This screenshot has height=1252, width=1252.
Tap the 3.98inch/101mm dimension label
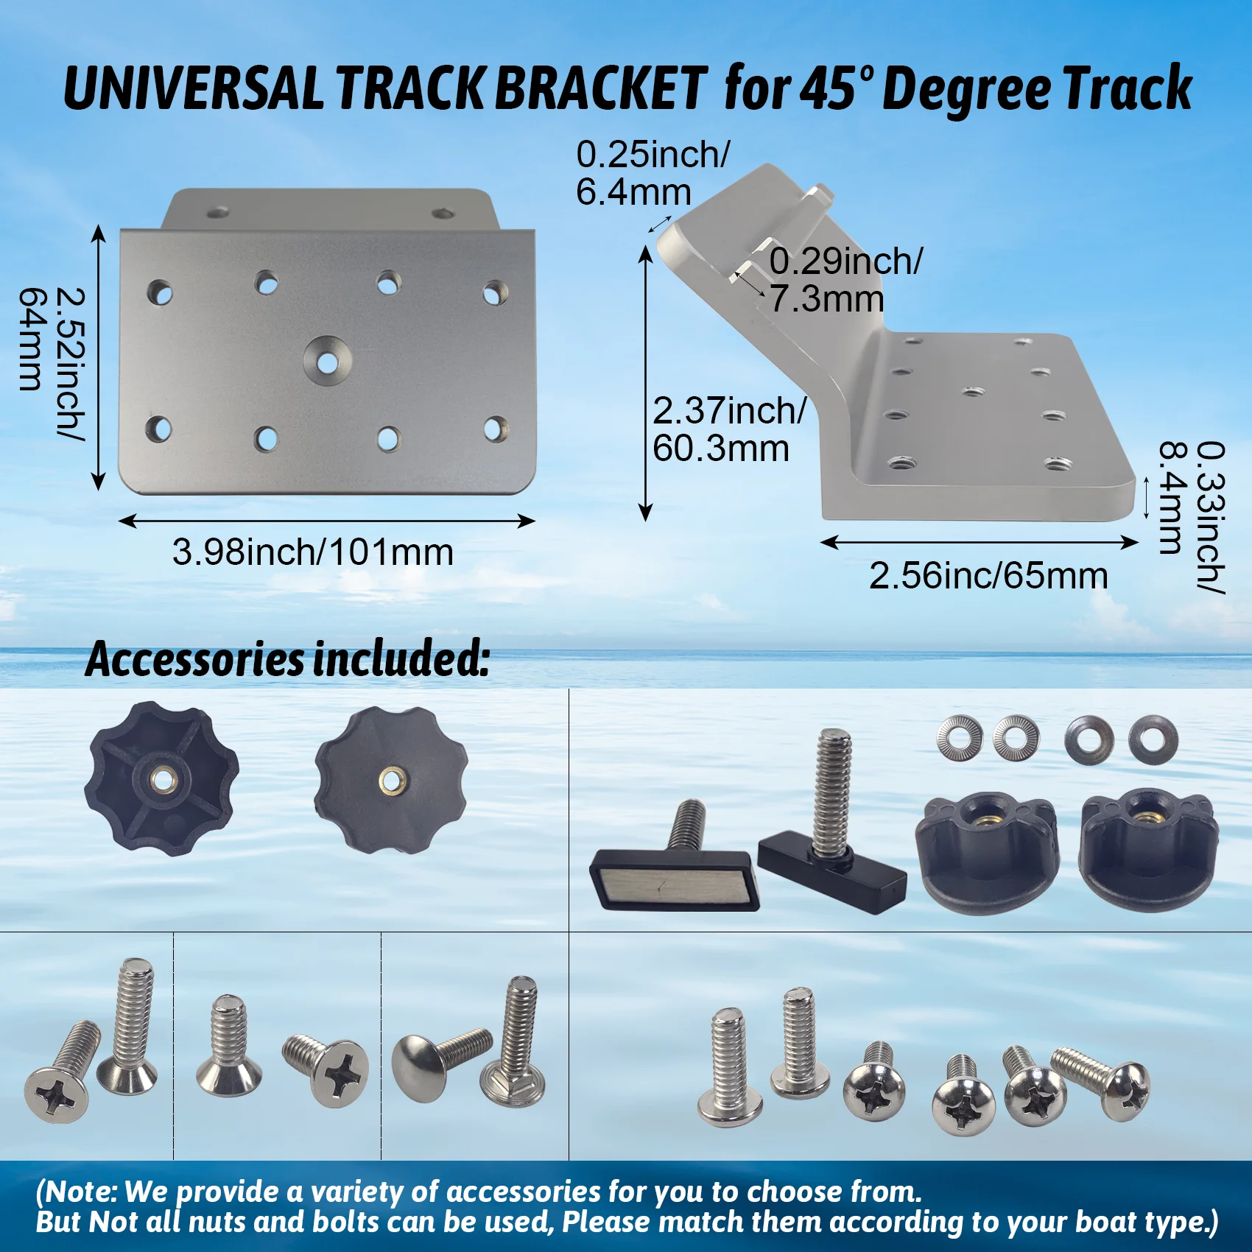tap(312, 552)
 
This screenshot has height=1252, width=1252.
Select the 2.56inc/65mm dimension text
tap(988, 576)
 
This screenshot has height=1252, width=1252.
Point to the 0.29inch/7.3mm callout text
tap(844, 281)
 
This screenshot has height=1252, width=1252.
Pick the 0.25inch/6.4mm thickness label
tap(651, 173)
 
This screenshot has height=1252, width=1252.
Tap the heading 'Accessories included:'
tap(287, 659)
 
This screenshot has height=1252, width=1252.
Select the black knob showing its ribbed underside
tap(163, 778)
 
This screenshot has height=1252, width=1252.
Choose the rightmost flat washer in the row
tap(1153, 739)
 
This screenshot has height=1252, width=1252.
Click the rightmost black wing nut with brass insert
tap(1147, 847)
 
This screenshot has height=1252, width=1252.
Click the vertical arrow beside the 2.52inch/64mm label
tap(98, 359)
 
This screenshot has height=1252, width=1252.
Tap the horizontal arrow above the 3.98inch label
tap(326, 521)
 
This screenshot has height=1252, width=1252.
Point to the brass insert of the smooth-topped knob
tap(391, 778)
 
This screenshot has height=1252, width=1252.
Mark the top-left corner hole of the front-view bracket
tap(159, 292)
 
